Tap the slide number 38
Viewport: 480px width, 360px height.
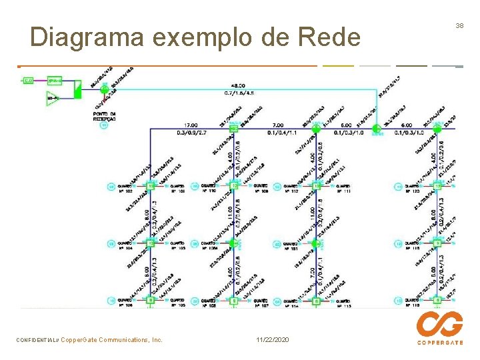coord(459,25)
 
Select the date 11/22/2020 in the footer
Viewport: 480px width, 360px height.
coord(272,340)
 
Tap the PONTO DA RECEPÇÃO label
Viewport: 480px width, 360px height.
coord(104,117)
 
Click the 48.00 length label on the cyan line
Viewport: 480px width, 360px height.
coord(237,86)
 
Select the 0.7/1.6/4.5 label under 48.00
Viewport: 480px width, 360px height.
coord(237,93)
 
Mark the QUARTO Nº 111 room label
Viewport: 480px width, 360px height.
coord(344,188)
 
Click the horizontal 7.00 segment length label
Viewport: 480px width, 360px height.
coord(277,125)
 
